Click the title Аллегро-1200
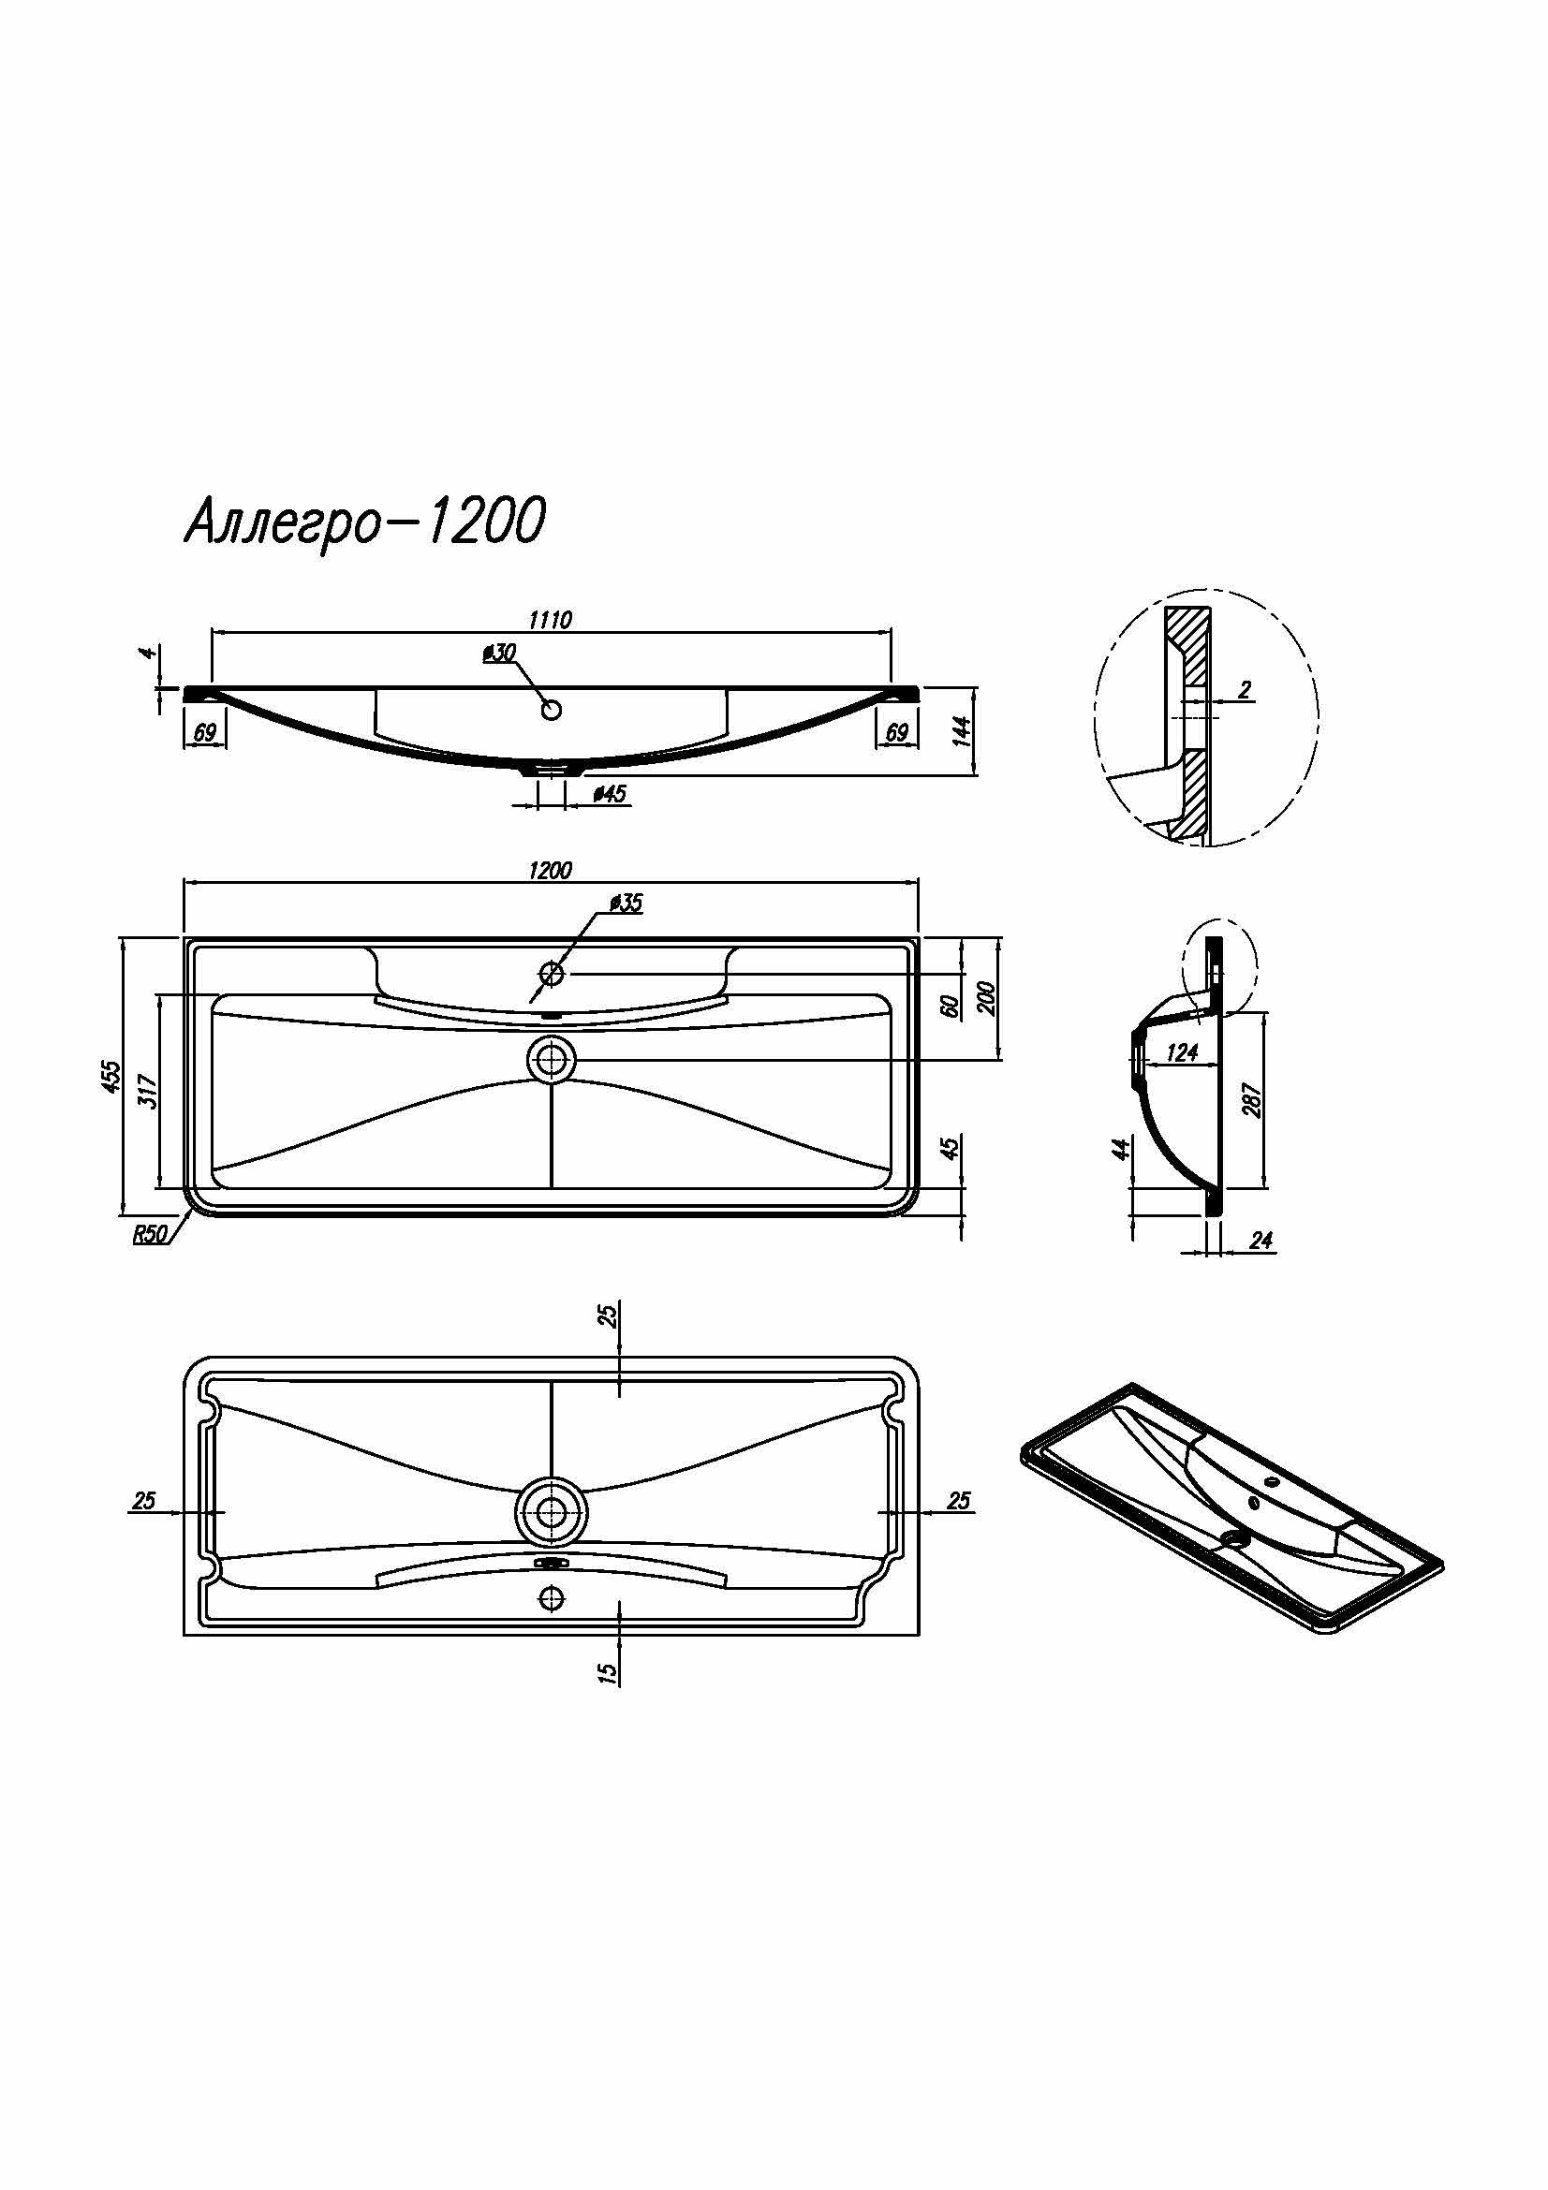(364, 522)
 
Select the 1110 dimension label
(551, 620)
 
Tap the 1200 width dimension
(551, 871)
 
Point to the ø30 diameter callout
(499, 653)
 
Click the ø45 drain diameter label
(610, 794)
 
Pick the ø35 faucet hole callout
(625, 904)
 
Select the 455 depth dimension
(112, 1076)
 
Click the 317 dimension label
(148, 1090)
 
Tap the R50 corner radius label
(150, 1234)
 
